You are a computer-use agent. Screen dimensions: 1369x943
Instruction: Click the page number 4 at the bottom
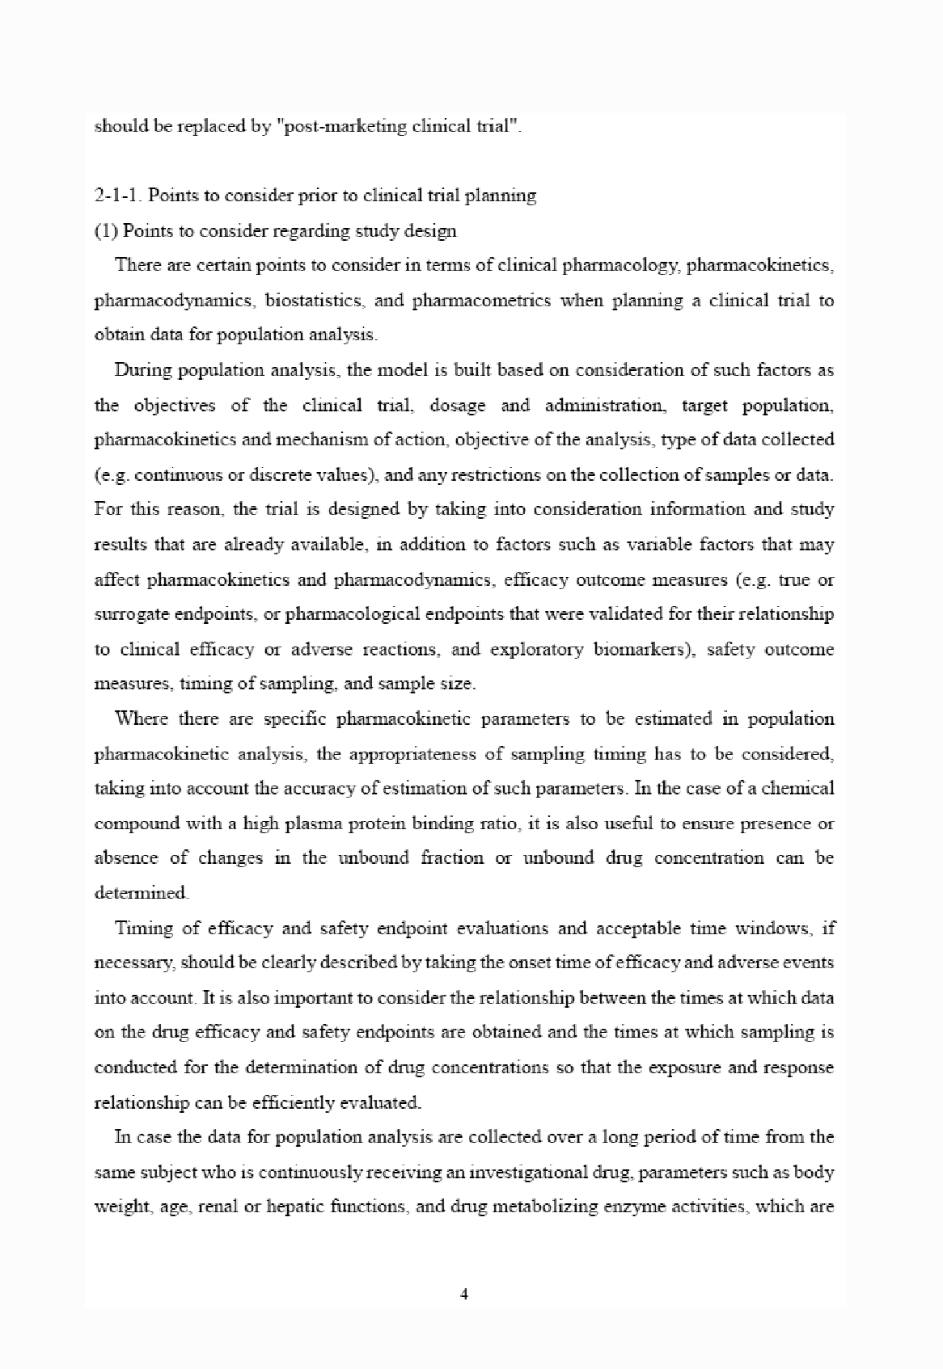[464, 1295]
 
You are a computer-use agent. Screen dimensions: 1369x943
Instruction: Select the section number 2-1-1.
[118, 196]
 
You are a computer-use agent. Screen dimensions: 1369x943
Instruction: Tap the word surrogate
[132, 614]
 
